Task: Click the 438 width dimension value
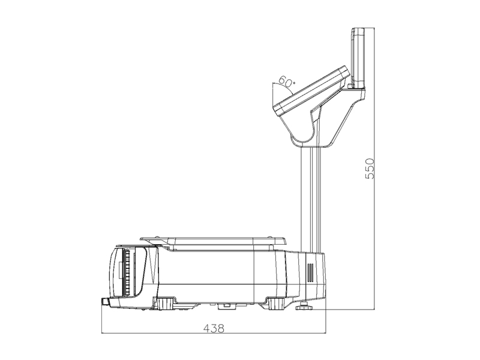pos(214,328)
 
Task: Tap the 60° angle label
pos(286,82)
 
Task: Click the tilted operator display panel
pos(311,91)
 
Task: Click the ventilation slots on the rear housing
pos(310,272)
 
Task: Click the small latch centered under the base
pos(225,306)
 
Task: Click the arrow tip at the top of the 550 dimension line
pos(374,28)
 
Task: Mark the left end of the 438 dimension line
pos(102,333)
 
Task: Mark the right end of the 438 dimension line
pos(325,333)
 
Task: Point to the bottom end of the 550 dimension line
pos(374,309)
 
